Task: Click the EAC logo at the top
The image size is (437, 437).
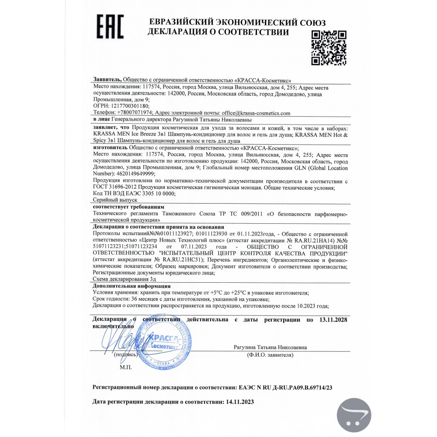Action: [110, 27]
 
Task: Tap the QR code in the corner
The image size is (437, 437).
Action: [329, 48]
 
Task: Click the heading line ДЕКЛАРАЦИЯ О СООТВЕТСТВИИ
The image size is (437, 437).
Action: [218, 32]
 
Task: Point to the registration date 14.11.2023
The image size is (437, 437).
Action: [239, 401]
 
